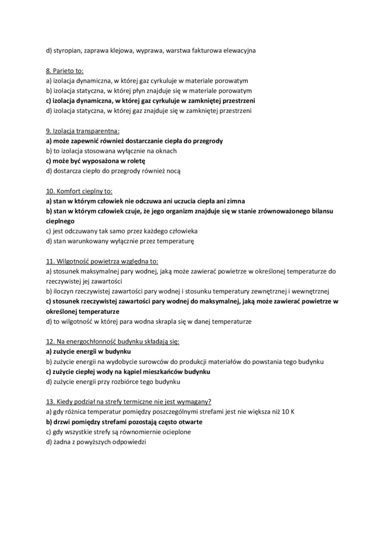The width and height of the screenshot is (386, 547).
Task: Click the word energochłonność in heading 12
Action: (x=90, y=341)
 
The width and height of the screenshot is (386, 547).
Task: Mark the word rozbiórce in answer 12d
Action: (x=128, y=382)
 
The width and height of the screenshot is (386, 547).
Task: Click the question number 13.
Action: (x=50, y=401)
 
